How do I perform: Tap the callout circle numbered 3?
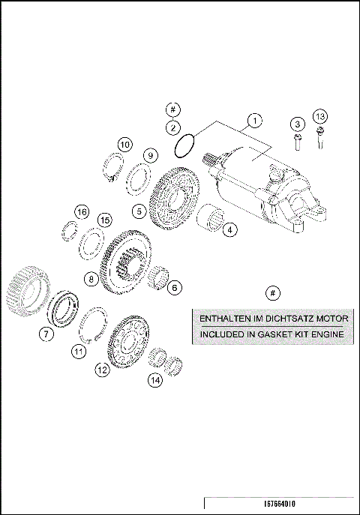click(297, 123)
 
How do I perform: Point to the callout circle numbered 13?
click(320, 116)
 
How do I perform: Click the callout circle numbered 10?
click(124, 144)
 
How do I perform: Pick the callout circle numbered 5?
click(139, 211)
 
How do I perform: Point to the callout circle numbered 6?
click(174, 287)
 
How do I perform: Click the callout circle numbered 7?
click(46, 334)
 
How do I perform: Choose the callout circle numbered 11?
click(78, 350)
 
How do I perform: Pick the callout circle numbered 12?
click(102, 369)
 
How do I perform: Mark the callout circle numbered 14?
click(154, 380)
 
